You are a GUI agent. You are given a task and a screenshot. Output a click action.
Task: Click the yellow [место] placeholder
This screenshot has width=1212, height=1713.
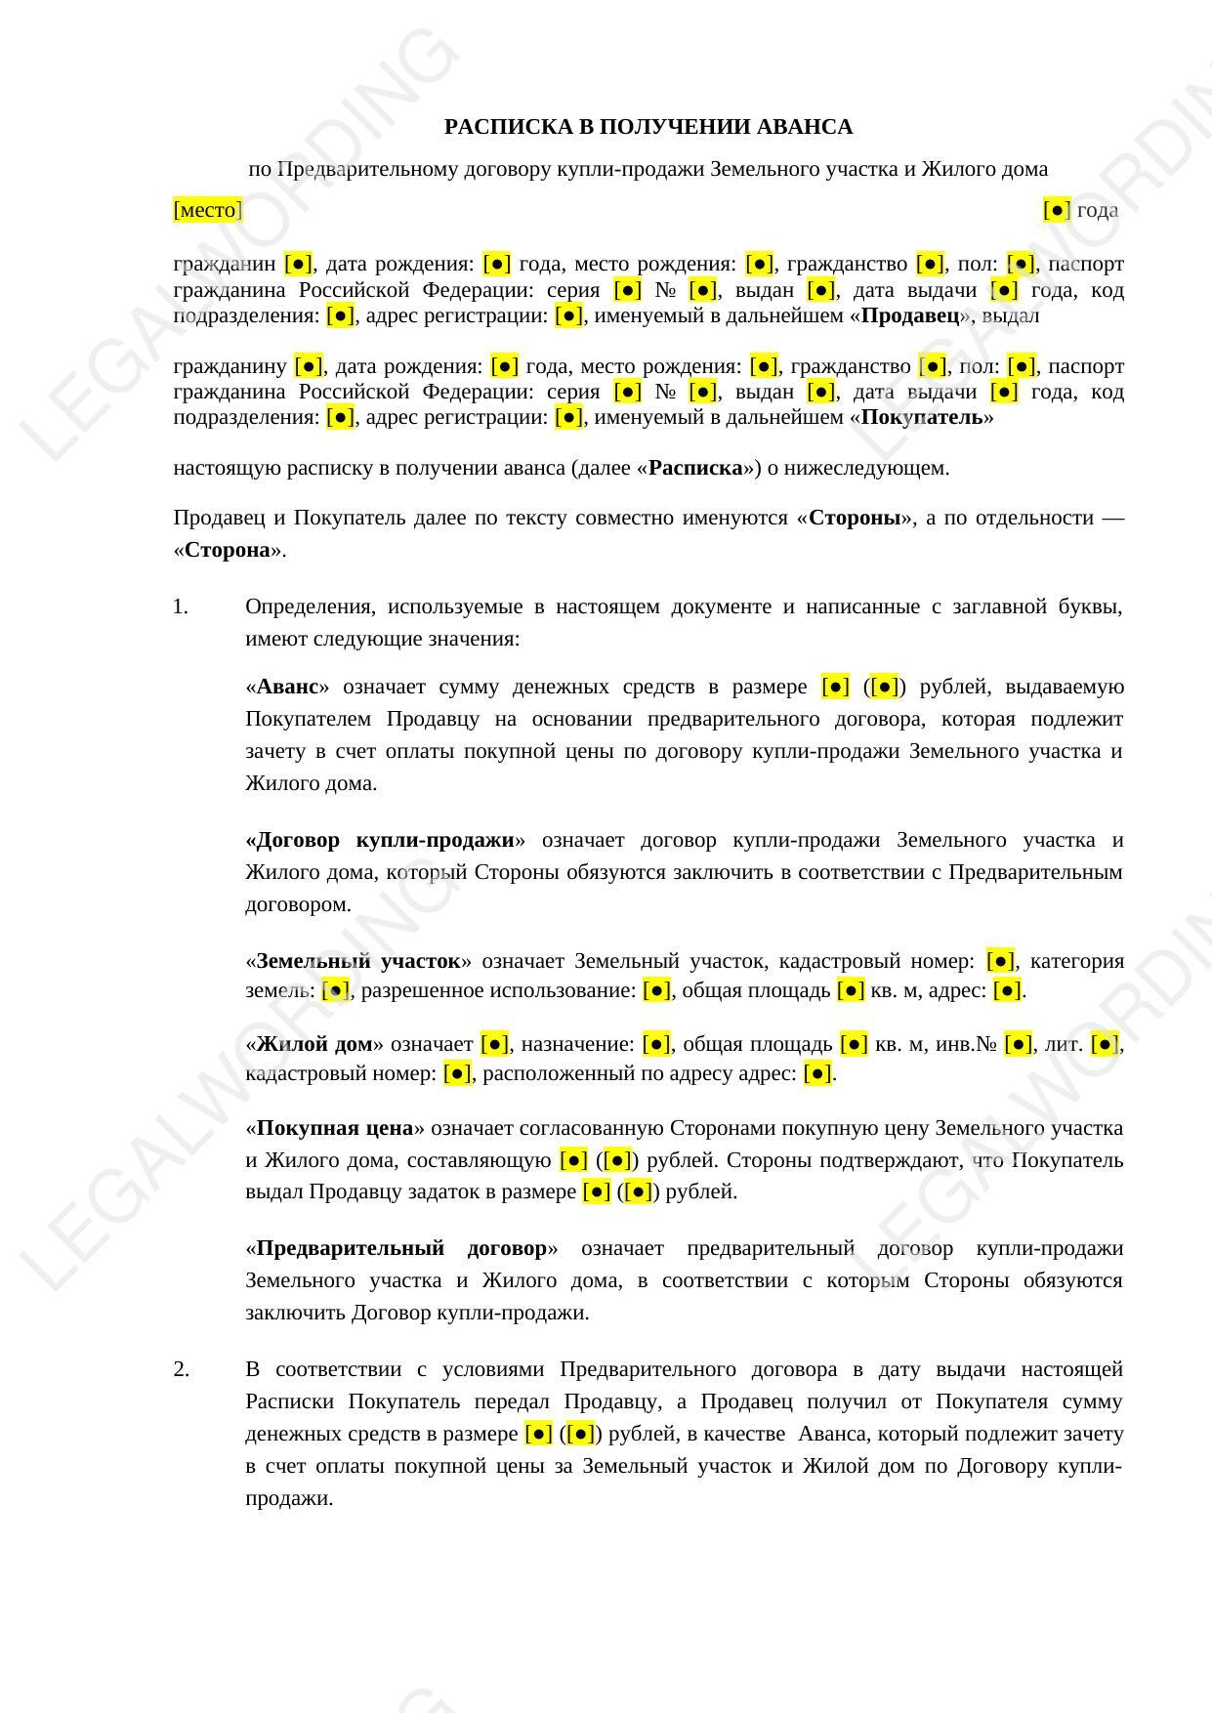click(x=207, y=210)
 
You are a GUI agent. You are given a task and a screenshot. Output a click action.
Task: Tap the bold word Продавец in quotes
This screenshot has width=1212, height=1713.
click(x=910, y=315)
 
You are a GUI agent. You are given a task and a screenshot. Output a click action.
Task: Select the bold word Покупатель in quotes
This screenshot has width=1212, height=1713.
click(x=922, y=417)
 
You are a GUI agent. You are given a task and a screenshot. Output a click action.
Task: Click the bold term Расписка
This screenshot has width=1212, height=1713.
click(x=695, y=468)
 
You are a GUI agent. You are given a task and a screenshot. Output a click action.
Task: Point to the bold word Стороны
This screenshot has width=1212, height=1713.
click(x=855, y=518)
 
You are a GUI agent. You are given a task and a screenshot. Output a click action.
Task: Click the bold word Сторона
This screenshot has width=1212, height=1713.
click(x=228, y=550)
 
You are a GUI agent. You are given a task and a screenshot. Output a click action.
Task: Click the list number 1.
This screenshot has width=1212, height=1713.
click(x=181, y=606)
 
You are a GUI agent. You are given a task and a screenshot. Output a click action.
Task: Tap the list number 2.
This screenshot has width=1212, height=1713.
click(x=182, y=1369)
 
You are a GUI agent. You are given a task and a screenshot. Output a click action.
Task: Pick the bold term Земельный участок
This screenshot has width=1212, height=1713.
click(x=357, y=961)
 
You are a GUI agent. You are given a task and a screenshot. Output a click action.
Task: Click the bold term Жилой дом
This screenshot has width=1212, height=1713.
click(x=314, y=1044)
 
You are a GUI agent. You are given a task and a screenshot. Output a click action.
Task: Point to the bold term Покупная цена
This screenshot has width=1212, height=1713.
click(x=334, y=1128)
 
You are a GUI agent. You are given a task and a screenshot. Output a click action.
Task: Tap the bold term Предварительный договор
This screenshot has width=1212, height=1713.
click(x=401, y=1248)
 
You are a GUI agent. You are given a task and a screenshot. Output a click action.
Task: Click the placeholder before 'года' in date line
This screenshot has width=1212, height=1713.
click(x=1057, y=210)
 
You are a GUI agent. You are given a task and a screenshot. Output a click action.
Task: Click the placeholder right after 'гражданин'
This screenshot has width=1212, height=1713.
click(x=298, y=264)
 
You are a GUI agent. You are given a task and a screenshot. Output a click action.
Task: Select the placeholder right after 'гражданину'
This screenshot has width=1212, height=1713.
click(x=309, y=366)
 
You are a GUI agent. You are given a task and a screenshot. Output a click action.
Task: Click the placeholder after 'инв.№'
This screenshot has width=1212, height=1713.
click(x=1018, y=1044)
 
